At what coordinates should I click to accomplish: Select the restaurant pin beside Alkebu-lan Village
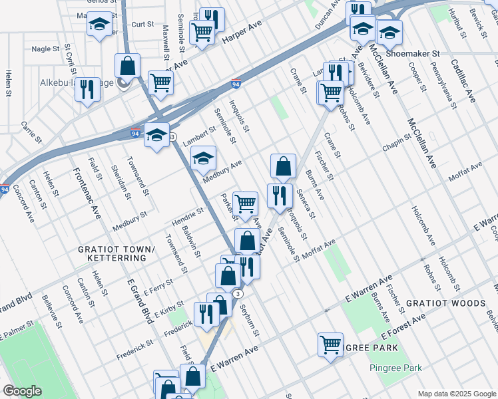tap(87, 89)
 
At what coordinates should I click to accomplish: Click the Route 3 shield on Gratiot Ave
tap(238, 293)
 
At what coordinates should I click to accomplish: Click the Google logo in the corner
tap(23, 391)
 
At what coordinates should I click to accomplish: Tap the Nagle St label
tap(46, 49)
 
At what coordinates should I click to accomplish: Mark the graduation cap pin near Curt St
tap(99, 26)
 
